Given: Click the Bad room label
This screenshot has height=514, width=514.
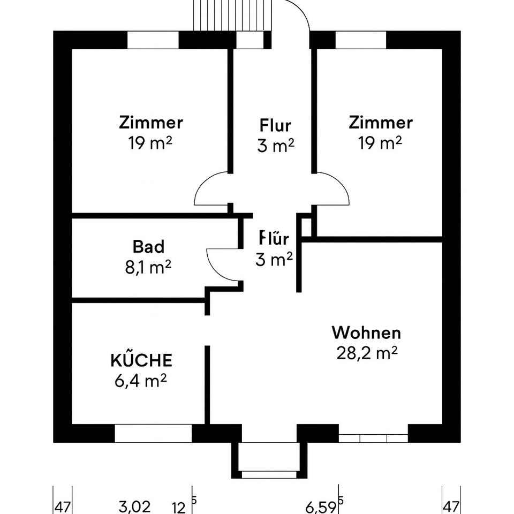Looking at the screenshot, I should [x=148, y=247].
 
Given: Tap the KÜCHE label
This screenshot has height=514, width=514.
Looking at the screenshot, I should [x=141, y=360].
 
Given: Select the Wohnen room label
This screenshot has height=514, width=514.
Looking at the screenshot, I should [x=366, y=332].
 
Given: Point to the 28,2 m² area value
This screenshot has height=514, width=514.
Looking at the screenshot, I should [x=366, y=353].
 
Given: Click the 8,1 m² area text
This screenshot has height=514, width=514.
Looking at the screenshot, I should [x=148, y=266].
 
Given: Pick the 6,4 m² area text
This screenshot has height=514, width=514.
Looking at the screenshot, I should [x=141, y=380].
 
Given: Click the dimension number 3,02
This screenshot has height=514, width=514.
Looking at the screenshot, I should [x=135, y=505].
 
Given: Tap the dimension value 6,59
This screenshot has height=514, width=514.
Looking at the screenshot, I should [x=321, y=505].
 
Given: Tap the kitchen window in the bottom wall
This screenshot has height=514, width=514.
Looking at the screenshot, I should [x=153, y=433].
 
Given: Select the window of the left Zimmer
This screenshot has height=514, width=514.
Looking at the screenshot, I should [x=153, y=40].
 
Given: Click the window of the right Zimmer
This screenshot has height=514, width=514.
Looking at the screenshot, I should [x=360, y=40].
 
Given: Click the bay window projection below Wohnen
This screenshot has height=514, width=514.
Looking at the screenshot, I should [x=269, y=459].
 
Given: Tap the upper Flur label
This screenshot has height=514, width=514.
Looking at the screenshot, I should [x=276, y=126].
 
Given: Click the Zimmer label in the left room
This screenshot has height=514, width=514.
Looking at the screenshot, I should [x=151, y=123].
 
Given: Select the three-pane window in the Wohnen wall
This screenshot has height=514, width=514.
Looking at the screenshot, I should [x=373, y=437].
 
